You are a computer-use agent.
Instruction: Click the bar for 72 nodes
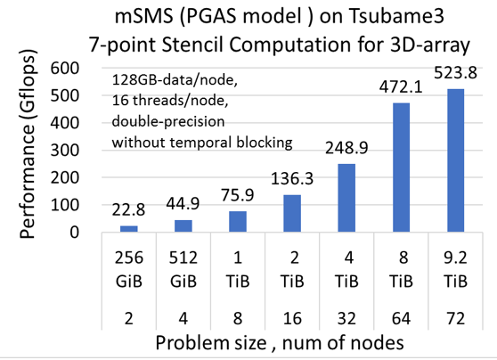(455, 160)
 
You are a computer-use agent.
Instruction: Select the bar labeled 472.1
(401, 168)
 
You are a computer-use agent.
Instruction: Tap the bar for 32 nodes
(346, 198)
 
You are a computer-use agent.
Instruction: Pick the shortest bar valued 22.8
(128, 229)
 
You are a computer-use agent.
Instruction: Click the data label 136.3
(292, 178)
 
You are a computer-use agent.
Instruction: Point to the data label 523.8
(455, 73)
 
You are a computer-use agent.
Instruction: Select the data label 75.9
(238, 194)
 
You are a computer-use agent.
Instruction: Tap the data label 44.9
(183, 203)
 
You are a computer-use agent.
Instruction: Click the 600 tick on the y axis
(65, 69)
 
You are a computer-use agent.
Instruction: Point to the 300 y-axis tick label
(65, 150)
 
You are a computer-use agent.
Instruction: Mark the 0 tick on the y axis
(74, 233)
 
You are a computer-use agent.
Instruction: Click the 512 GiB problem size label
(183, 269)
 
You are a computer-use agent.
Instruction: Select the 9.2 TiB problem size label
(455, 269)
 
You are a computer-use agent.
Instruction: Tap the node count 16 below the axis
(292, 318)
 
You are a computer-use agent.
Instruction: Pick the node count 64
(401, 318)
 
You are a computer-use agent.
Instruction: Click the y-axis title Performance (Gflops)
(28, 144)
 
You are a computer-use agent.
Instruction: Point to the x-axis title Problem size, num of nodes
(280, 342)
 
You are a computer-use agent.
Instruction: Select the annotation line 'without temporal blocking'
(202, 143)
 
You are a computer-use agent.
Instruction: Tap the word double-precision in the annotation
(168, 122)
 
